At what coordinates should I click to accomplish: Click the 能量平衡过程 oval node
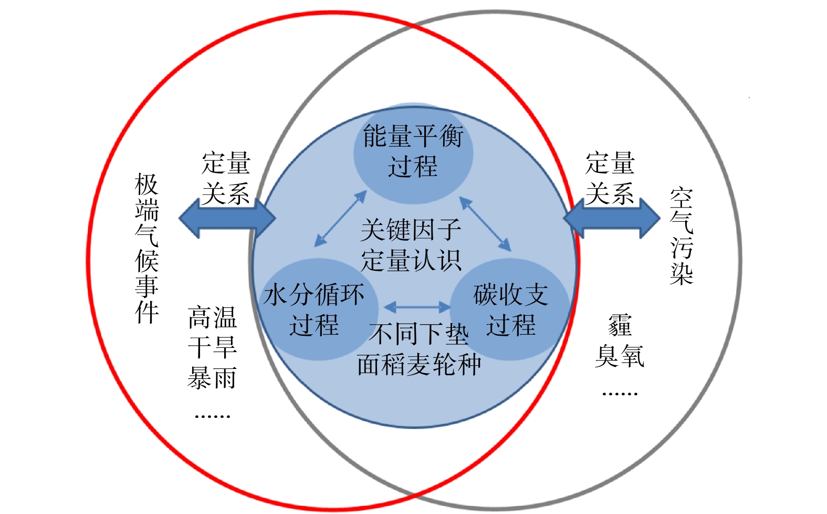[x=413, y=152]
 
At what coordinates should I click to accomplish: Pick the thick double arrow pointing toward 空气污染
[x=612, y=219]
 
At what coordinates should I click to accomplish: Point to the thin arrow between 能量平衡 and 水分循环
[x=340, y=219]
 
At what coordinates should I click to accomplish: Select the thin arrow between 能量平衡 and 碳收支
[x=485, y=223]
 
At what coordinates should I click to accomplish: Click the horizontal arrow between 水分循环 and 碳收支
[x=417, y=306]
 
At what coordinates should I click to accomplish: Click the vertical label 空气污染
[x=681, y=237]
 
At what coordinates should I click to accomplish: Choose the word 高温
[x=212, y=317]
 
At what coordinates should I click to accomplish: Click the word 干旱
[x=212, y=347]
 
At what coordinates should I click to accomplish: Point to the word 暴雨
[x=212, y=378]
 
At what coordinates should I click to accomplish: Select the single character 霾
[x=620, y=325]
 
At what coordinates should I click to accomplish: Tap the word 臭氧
[x=620, y=356]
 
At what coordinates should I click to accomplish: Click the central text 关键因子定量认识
[x=411, y=245]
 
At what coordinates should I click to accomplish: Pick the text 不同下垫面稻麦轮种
[x=418, y=349]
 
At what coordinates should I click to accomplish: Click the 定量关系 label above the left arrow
[x=226, y=178]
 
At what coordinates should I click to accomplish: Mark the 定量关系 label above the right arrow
[x=610, y=178]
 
